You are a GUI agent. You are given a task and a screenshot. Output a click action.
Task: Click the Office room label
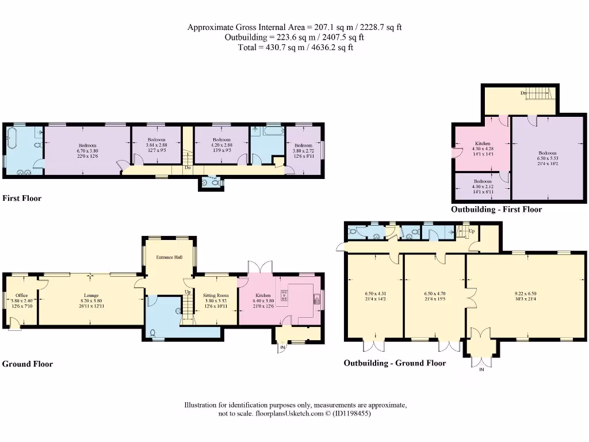click(x=21, y=295)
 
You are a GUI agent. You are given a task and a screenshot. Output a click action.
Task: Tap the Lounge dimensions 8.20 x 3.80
click(x=91, y=300)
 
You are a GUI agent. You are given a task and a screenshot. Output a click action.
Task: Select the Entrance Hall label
click(x=169, y=257)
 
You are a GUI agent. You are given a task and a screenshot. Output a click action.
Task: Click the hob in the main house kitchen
click(x=283, y=296)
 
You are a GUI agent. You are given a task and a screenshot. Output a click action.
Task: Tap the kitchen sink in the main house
click(x=316, y=298)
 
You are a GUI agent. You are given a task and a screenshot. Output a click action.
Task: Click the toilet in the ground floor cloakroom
click(x=153, y=332)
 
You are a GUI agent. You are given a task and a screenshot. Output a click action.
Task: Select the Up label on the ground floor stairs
click(x=188, y=292)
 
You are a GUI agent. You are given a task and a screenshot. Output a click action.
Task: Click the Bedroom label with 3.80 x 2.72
click(x=303, y=145)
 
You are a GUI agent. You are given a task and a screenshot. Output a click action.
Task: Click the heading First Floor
click(x=22, y=199)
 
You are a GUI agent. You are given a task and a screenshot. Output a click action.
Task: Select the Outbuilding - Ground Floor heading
click(x=395, y=363)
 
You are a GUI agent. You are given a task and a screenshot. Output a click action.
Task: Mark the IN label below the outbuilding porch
click(x=481, y=369)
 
